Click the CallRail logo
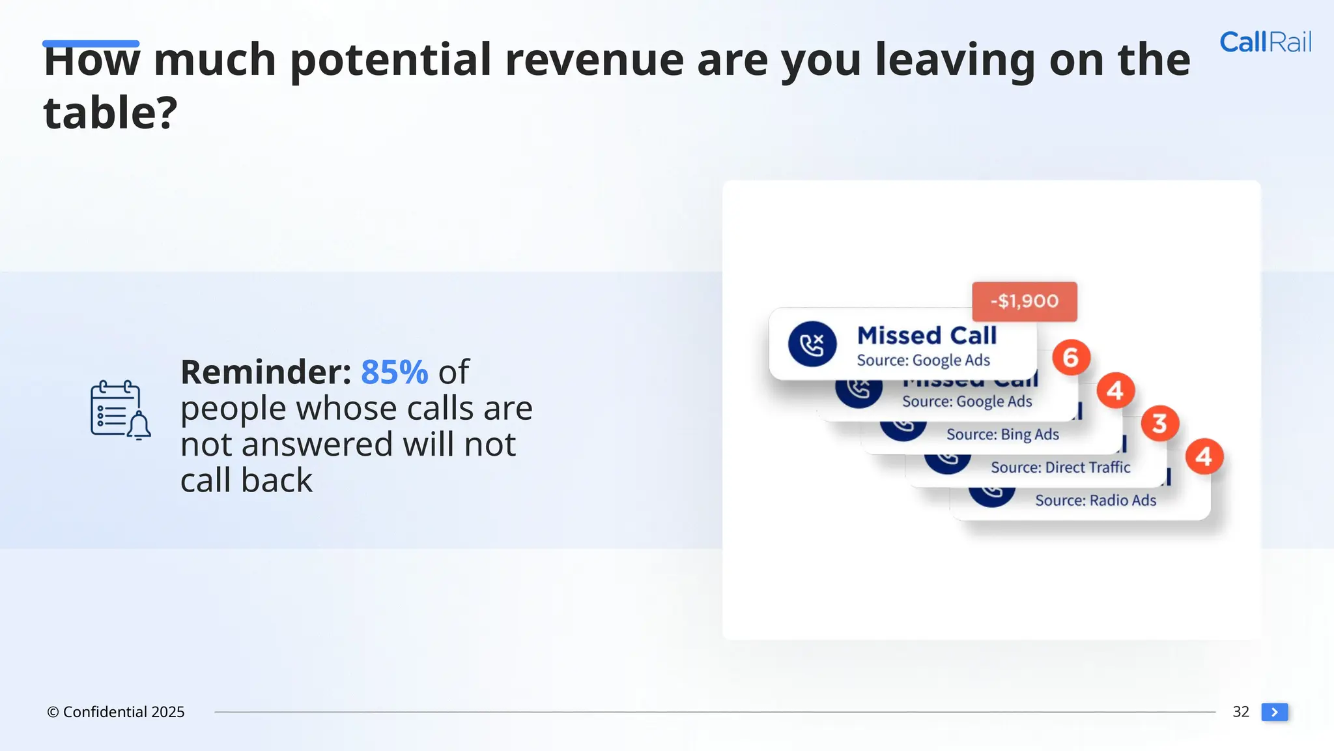coord(1265,42)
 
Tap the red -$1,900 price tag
coord(1024,301)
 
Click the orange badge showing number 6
coord(1071,357)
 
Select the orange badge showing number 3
coord(1159,423)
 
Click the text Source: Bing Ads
coord(1002,434)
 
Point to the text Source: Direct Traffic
coord(1060,467)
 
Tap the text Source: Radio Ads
coord(1096,501)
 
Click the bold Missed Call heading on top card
coord(926,336)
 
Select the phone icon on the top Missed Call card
coord(812,344)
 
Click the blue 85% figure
coord(394,372)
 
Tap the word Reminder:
coord(266,372)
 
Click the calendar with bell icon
coord(120,410)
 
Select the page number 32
coord(1240,712)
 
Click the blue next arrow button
coord(1274,712)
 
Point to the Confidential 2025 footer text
coord(116,712)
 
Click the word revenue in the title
coord(594,60)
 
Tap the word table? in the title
coord(110,113)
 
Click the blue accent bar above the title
coord(91,44)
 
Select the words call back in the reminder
coord(246,480)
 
